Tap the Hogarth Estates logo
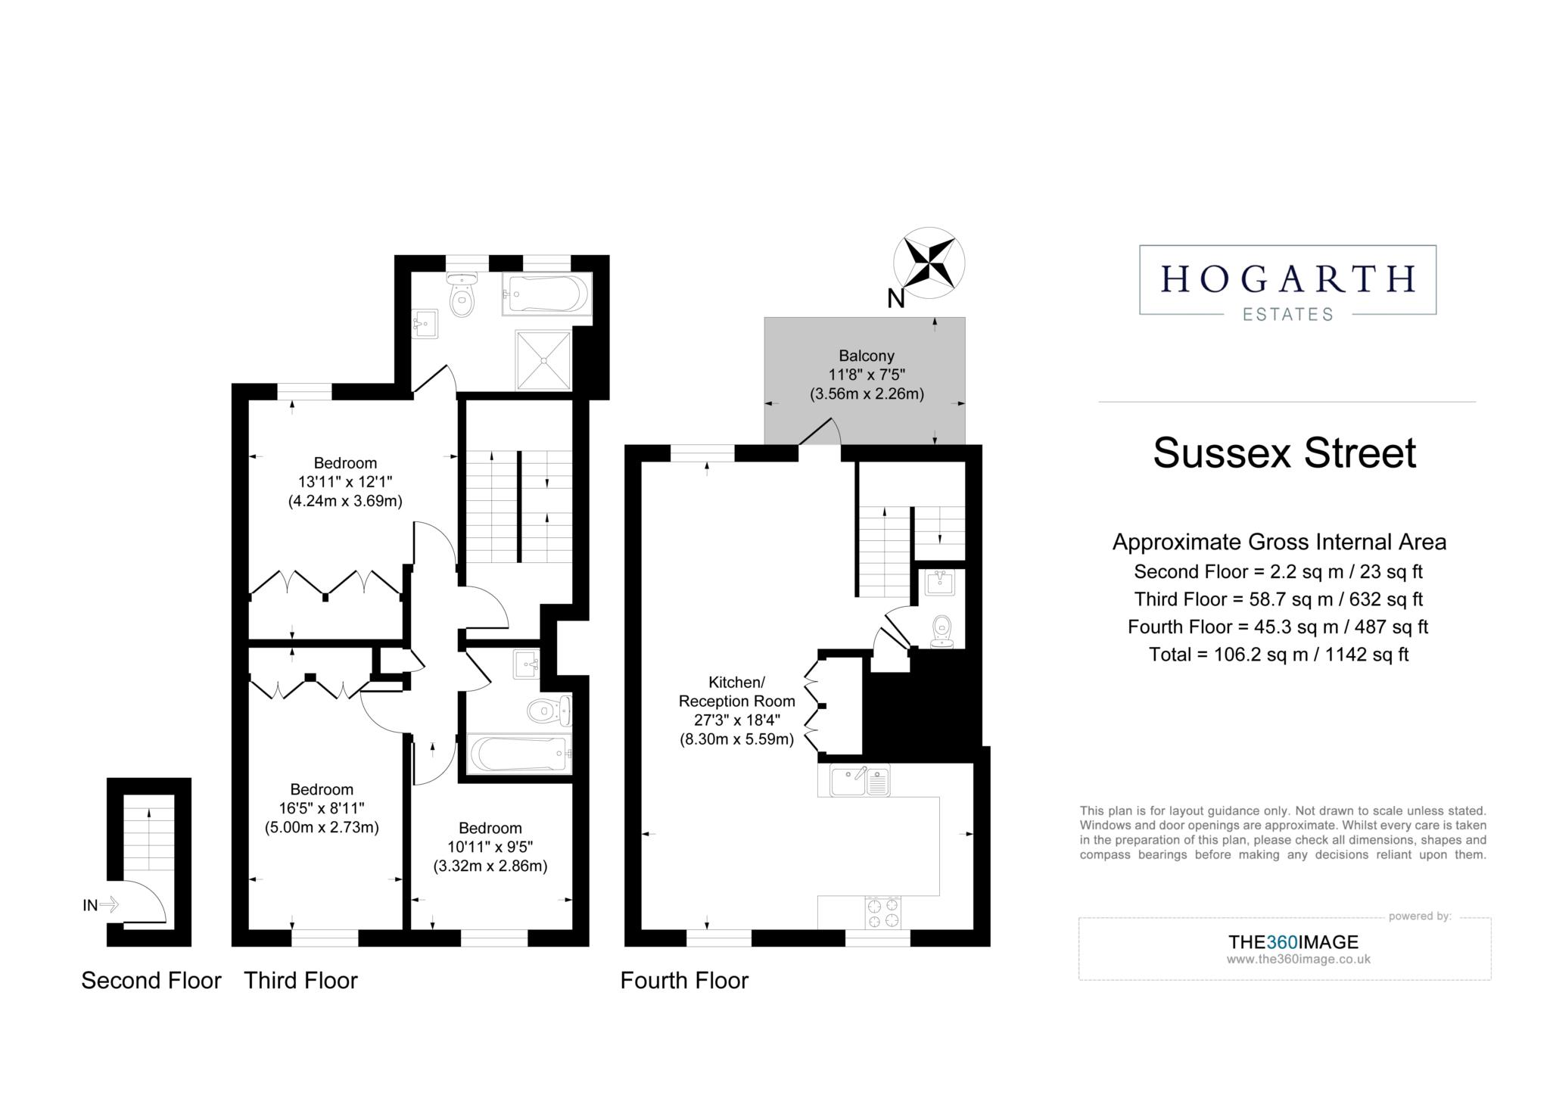click(1287, 280)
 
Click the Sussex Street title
click(1284, 453)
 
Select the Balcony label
click(867, 374)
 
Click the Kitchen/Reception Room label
click(736, 710)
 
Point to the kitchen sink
click(860, 781)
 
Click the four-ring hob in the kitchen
click(882, 912)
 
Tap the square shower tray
click(543, 360)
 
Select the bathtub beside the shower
click(546, 294)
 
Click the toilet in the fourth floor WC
click(942, 630)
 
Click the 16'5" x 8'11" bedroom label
click(322, 808)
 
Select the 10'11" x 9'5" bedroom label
click(490, 846)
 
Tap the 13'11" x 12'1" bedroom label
click(345, 481)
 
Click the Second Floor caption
click(151, 981)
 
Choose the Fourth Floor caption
click(683, 981)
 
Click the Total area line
click(1278, 655)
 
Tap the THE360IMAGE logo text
click(1293, 942)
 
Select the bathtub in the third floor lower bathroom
click(519, 754)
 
